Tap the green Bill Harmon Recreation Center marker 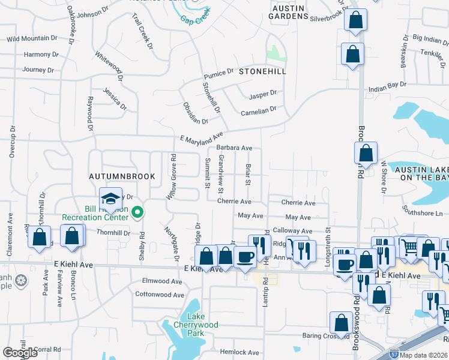click(x=138, y=211)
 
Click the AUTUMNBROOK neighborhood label click(x=122, y=176)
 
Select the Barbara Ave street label click(x=234, y=148)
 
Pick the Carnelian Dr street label click(x=258, y=110)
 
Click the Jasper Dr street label click(x=263, y=94)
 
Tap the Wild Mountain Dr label click(x=32, y=39)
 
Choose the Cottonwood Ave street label click(x=160, y=295)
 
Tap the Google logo click(x=20, y=352)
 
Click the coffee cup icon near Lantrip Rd click(x=244, y=257)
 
